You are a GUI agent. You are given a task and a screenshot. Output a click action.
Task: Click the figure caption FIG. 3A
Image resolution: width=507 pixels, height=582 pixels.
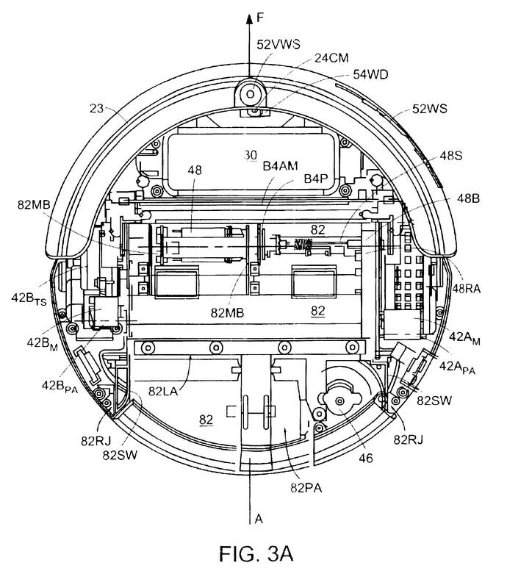pyautogui.click(x=256, y=554)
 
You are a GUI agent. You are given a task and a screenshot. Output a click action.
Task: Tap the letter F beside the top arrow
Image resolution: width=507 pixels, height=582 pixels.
pyautogui.click(x=260, y=18)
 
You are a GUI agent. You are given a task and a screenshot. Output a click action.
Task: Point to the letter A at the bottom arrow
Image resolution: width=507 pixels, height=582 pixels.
pyautogui.click(x=259, y=519)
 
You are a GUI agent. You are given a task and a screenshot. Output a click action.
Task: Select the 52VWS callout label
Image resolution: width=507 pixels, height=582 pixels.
pyautogui.click(x=278, y=45)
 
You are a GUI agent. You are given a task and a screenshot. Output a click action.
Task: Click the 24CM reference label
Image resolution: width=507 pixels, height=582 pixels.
pyautogui.click(x=331, y=58)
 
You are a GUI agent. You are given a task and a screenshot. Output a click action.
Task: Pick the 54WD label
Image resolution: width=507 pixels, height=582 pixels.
pyautogui.click(x=370, y=74)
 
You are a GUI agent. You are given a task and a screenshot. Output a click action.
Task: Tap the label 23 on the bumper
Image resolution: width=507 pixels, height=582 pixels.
pyautogui.click(x=96, y=108)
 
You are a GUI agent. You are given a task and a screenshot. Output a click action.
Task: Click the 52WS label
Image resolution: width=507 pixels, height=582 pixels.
pyautogui.click(x=430, y=109)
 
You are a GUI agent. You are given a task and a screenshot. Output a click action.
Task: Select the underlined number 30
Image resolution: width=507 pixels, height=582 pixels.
pyautogui.click(x=251, y=155)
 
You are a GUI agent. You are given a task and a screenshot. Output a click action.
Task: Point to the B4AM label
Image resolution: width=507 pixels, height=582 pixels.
pyautogui.click(x=280, y=166)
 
